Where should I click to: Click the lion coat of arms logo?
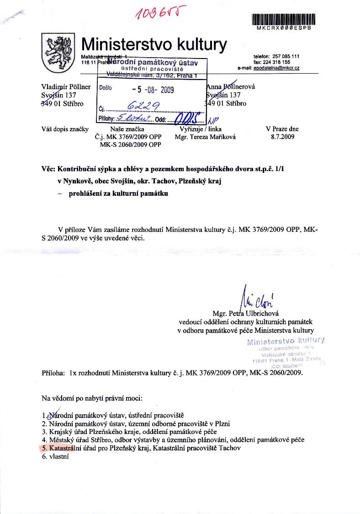click(56, 50)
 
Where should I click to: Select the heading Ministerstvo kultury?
click(154, 44)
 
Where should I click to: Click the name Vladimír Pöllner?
click(66, 87)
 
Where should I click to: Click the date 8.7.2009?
click(282, 136)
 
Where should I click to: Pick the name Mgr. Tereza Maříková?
click(201, 136)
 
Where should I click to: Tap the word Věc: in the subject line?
click(49, 169)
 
